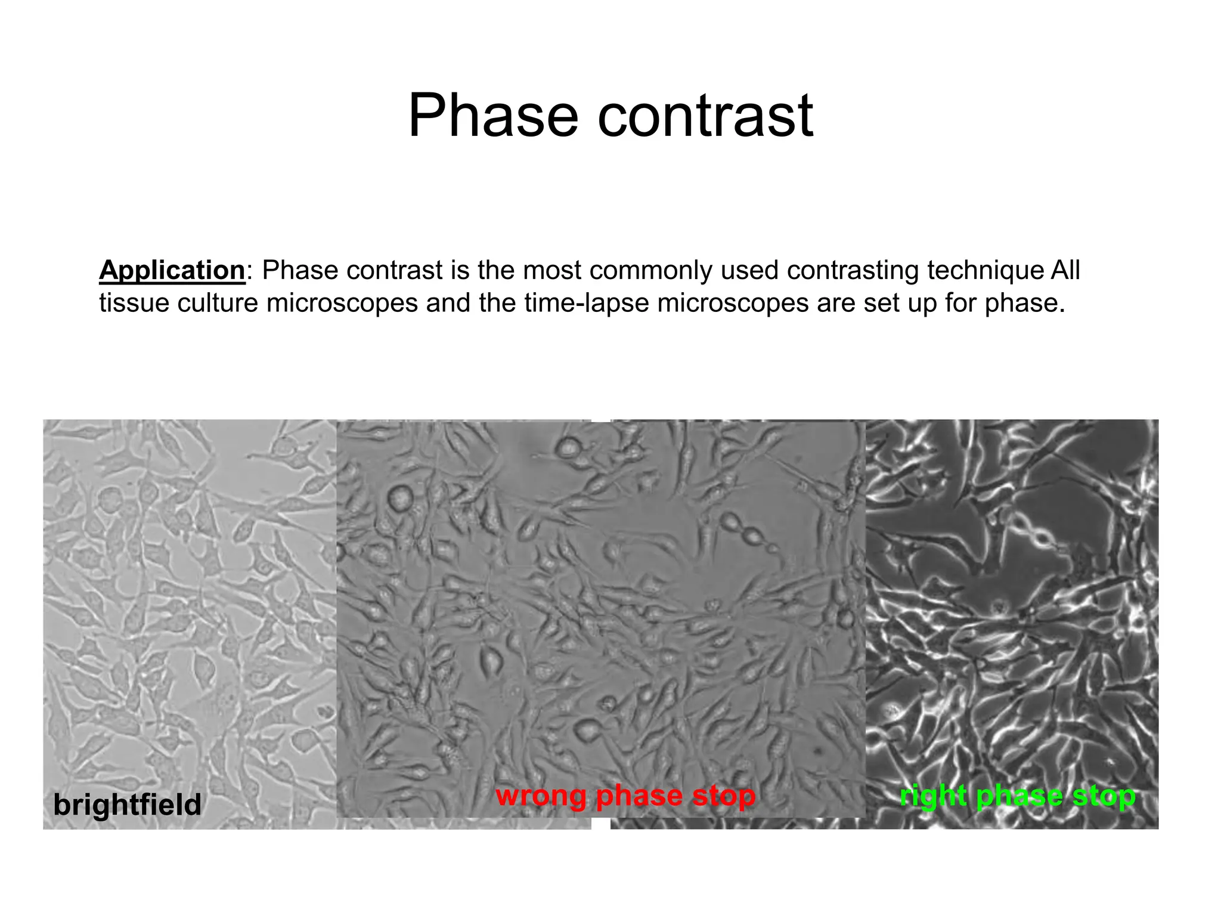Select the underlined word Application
tap(172, 270)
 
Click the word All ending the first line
tap(1065, 270)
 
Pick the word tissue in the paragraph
tap(134, 303)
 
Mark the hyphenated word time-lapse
tap(587, 303)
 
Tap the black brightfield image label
tap(128, 804)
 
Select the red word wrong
tap(541, 796)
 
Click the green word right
tap(933, 796)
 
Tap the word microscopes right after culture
tap(342, 303)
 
